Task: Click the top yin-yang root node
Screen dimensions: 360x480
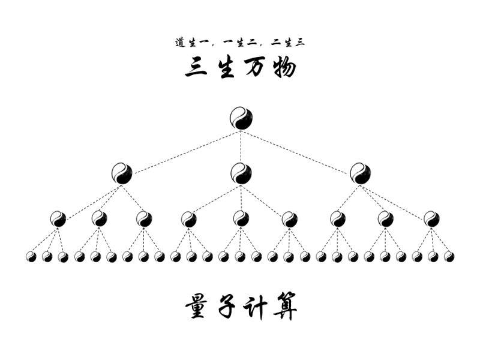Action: click(241, 118)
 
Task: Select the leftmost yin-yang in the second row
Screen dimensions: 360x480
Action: click(122, 173)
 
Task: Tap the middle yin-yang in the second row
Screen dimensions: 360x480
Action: click(241, 173)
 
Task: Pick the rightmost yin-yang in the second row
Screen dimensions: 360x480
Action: click(360, 173)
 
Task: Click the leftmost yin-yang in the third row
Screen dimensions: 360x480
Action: click(58, 219)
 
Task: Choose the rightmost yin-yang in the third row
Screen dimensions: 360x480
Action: click(431, 219)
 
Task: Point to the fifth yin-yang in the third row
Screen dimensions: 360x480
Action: click(241, 219)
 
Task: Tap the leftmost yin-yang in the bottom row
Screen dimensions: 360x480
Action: click(31, 257)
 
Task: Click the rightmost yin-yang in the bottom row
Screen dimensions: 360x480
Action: click(449, 257)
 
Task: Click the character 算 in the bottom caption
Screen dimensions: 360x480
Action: click(284, 307)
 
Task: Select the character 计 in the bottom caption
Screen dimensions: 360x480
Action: click(255, 307)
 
